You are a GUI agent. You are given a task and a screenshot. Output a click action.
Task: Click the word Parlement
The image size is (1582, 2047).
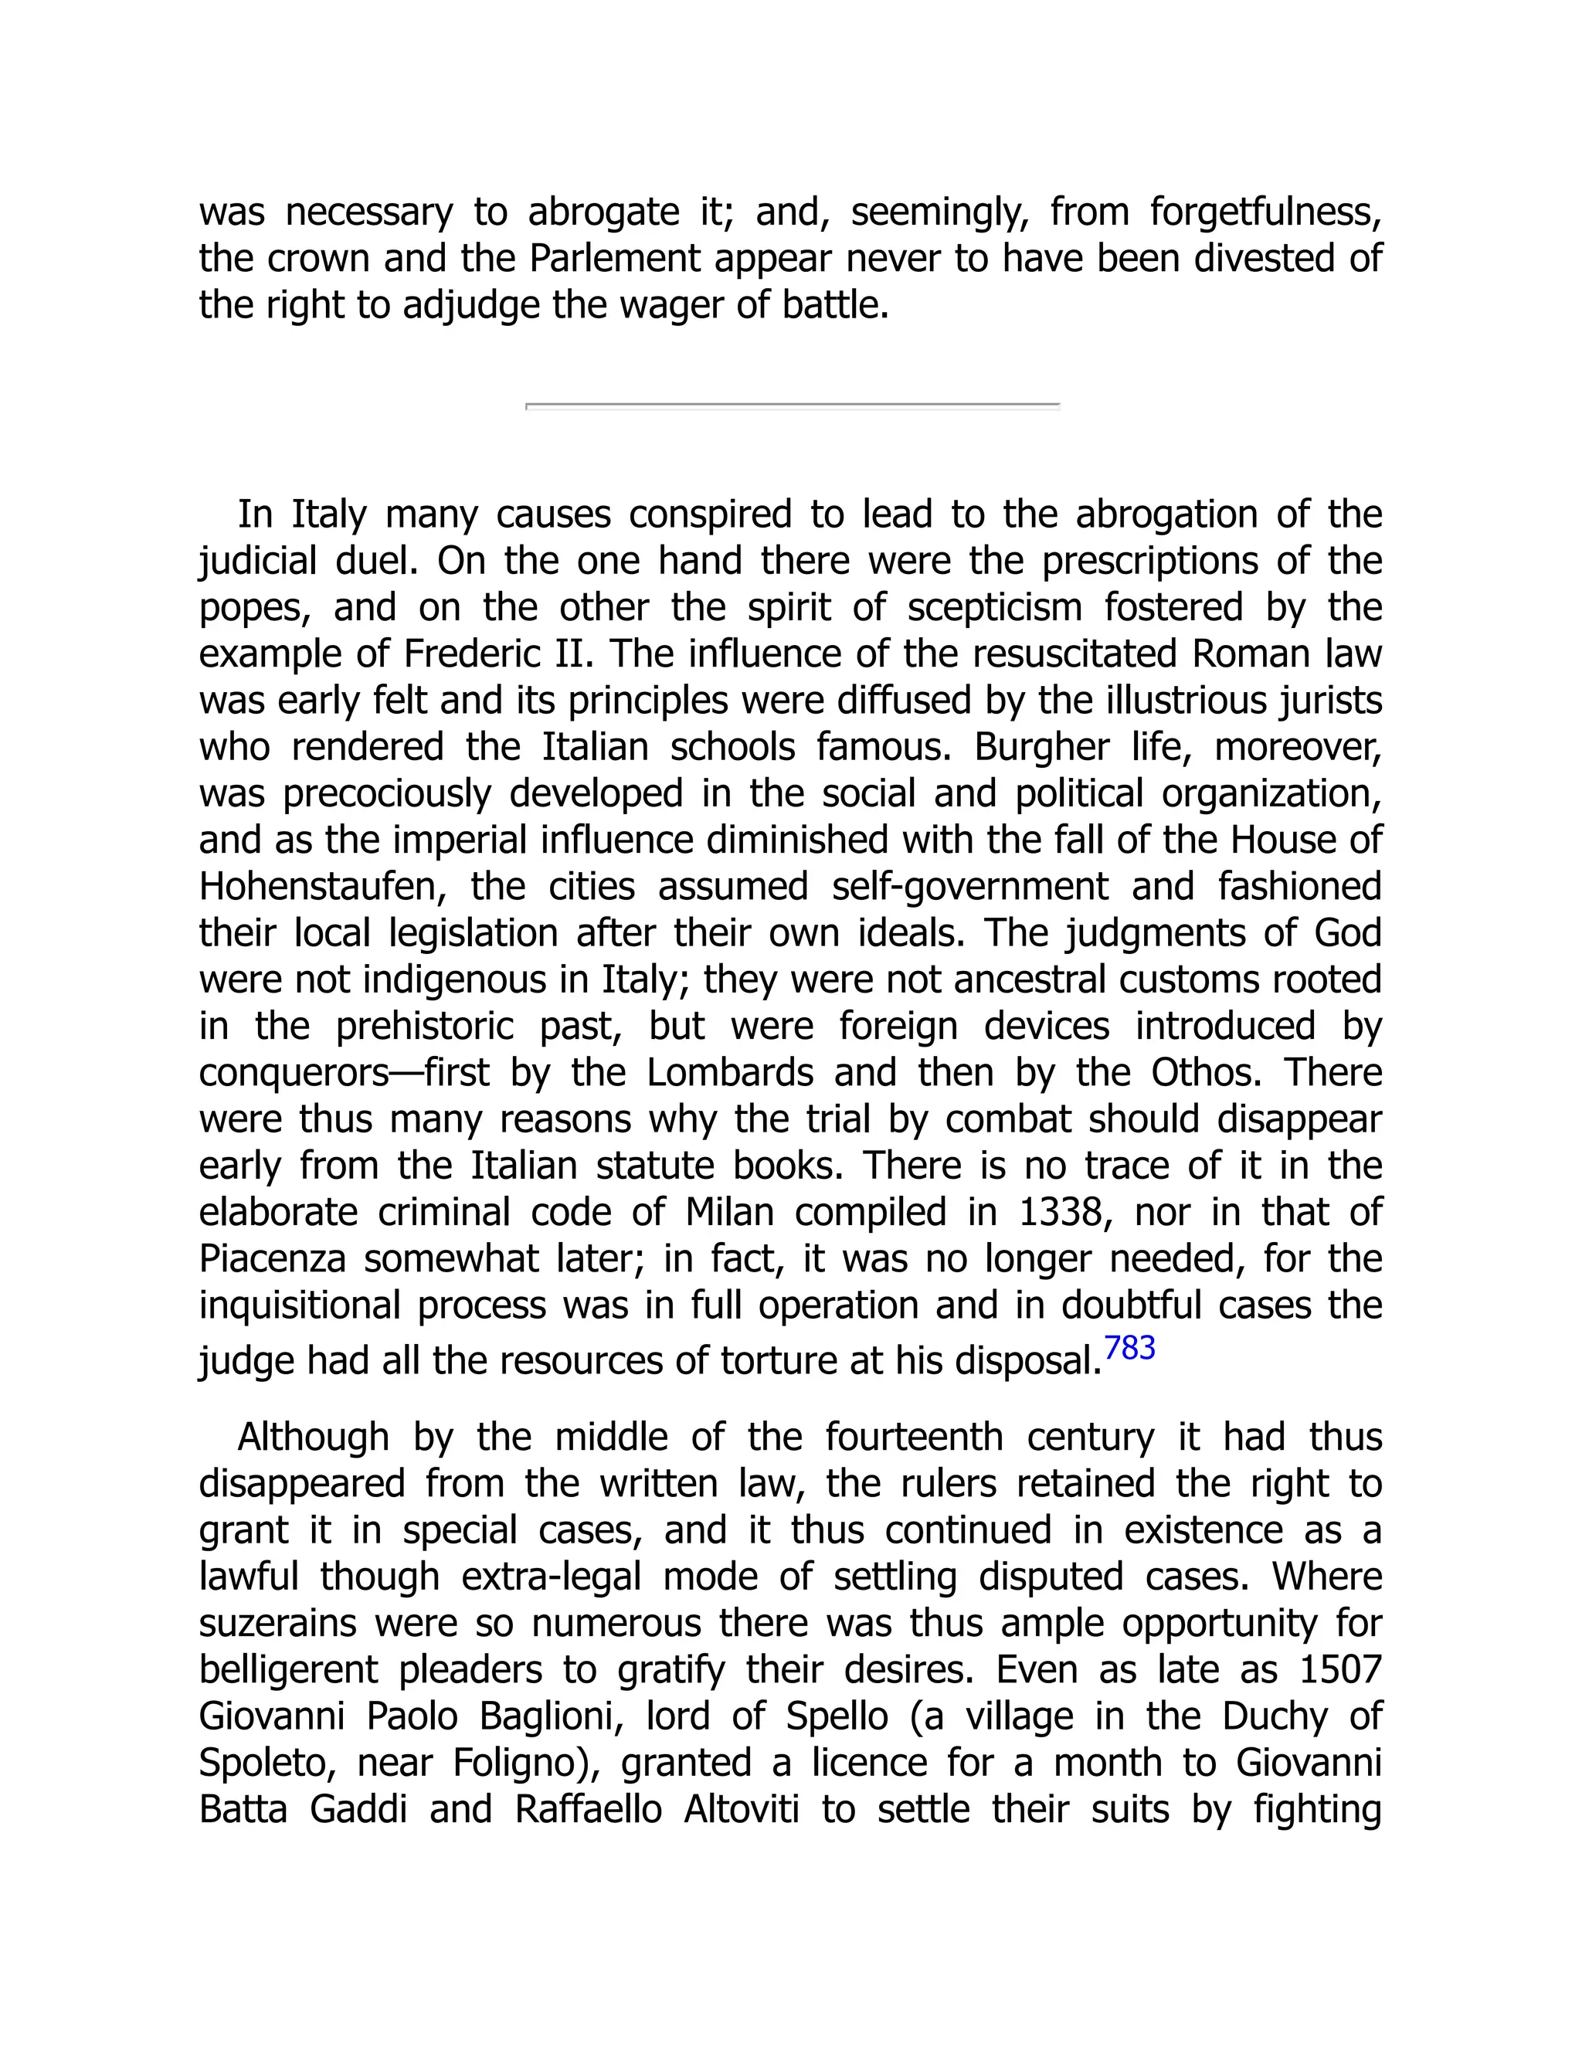(x=614, y=258)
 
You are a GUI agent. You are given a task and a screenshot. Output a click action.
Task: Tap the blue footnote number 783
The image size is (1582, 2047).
(x=1129, y=1348)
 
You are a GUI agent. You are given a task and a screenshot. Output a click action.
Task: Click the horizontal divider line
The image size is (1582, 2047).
(x=792, y=406)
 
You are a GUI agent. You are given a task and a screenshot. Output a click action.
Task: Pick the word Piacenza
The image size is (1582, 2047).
(x=272, y=1259)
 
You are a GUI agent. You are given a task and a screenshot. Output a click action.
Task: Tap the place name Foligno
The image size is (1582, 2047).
(x=526, y=1763)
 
